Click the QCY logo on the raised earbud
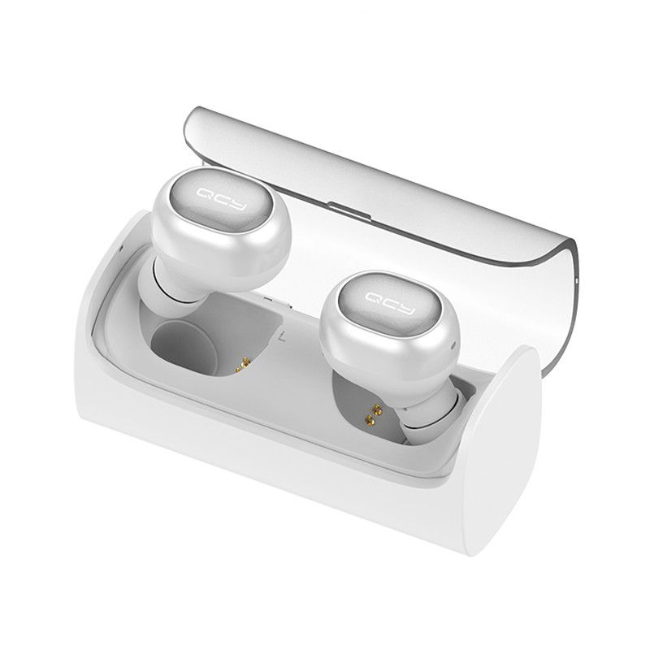pos(222,199)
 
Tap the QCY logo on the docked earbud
pos(391,303)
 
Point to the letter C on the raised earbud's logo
pos(223,198)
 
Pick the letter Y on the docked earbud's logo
pos(407,310)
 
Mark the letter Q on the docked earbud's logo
pos(375,297)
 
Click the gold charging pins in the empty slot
pos(244,364)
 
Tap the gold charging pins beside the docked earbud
pos(373,415)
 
